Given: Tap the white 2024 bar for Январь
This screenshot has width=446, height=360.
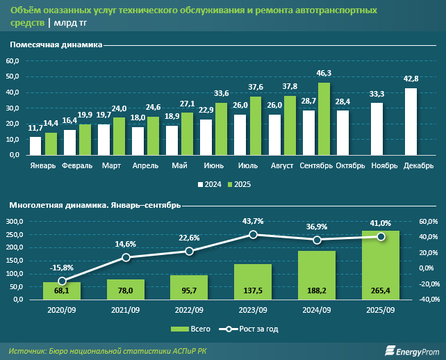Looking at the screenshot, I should pyautogui.click(x=35, y=146).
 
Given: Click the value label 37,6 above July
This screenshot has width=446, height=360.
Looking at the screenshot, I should pyautogui.click(x=256, y=88).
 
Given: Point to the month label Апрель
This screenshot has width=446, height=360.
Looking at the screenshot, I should pyautogui.click(x=144, y=166).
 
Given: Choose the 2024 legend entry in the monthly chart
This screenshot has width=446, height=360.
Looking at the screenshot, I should pyautogui.click(x=210, y=184).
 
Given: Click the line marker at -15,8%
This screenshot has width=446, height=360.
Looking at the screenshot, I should pyautogui.click(x=62, y=281).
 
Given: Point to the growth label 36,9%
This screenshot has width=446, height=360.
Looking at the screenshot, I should pyautogui.click(x=317, y=227).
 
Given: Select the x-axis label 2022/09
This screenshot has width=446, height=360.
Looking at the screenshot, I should pyautogui.click(x=189, y=310).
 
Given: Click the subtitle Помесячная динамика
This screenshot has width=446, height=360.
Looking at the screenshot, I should pyautogui.click(x=55, y=44).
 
